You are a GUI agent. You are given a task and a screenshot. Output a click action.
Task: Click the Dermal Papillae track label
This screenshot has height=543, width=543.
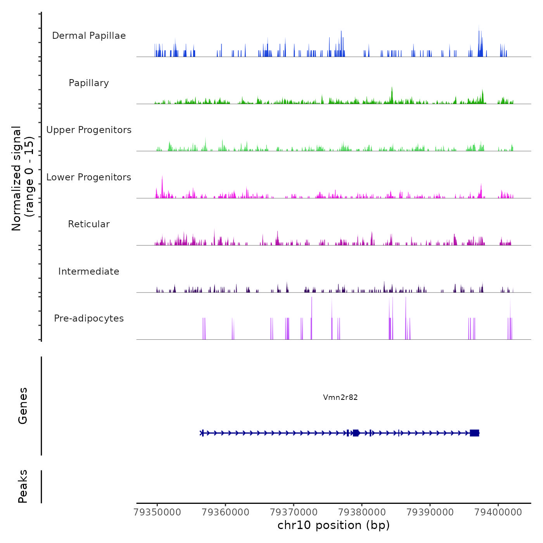tap(89, 36)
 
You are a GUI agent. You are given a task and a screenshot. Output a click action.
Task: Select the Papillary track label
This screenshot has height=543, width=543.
tap(89, 83)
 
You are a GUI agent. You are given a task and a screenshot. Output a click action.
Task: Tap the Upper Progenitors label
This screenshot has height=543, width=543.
tap(89, 130)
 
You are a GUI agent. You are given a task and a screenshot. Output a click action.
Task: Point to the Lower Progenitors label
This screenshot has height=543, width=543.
tap(89, 177)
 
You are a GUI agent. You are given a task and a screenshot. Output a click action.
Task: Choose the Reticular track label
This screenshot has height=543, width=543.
tap(89, 224)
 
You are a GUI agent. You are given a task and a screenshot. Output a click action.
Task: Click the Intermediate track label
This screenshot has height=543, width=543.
tap(89, 271)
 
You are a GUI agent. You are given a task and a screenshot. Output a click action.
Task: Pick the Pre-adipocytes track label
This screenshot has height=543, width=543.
tap(89, 318)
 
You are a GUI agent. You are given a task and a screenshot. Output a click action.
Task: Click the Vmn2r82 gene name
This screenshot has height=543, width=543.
tap(340, 397)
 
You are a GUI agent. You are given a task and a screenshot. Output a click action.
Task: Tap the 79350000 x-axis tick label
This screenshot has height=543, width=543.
tap(157, 512)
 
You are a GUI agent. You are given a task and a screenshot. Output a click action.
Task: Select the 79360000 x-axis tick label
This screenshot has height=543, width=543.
tap(225, 512)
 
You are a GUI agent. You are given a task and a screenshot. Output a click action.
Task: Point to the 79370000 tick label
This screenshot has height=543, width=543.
tap(294, 512)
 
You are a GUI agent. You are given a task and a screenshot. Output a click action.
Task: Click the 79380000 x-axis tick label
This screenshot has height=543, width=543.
tap(362, 512)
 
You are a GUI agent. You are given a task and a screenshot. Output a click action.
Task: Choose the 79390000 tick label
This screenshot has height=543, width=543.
tap(430, 512)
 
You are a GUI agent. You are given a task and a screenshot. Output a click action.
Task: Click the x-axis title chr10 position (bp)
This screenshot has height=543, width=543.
tap(334, 525)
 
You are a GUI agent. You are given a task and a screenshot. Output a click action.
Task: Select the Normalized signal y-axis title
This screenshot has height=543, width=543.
tap(22, 178)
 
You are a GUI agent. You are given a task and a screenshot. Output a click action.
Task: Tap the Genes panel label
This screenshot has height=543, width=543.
tap(23, 406)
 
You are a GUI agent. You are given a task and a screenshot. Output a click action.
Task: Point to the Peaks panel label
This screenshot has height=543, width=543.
tap(23, 486)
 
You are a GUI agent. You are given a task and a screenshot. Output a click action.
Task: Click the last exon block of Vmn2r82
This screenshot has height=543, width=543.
tap(474, 433)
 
